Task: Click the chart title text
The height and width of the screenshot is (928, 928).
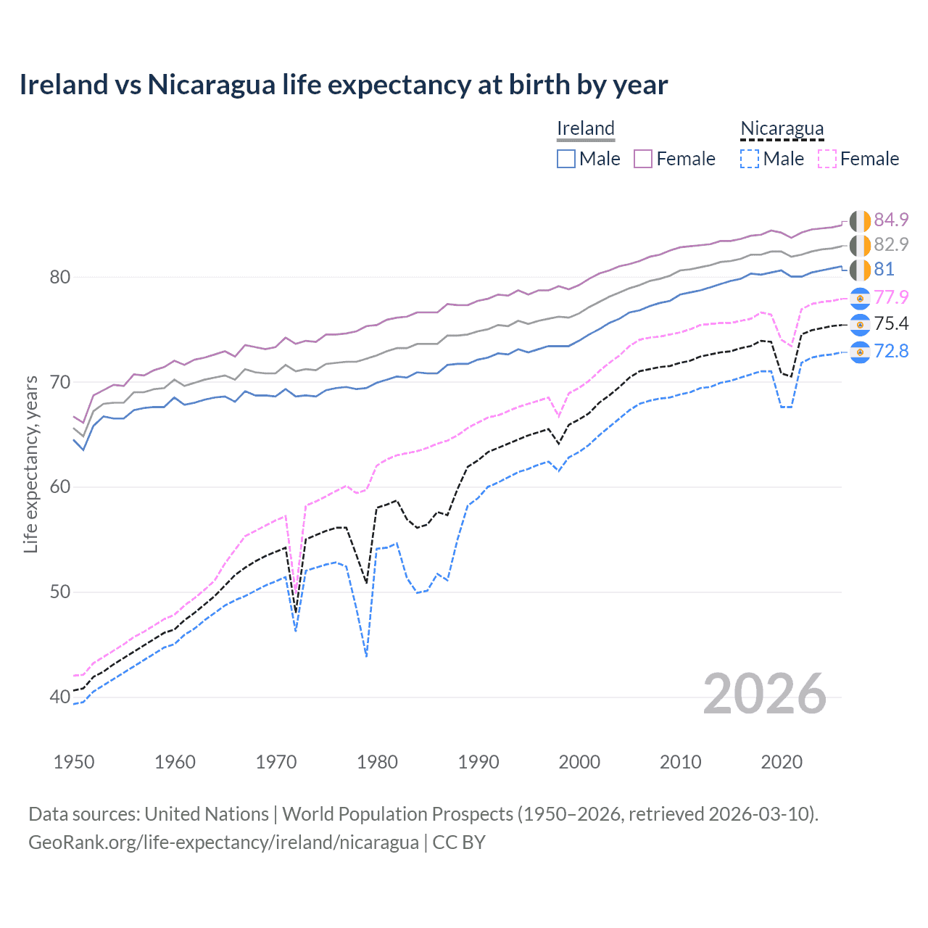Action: tap(343, 85)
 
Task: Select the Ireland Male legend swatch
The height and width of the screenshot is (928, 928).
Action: tap(566, 159)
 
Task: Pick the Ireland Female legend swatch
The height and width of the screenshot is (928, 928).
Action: tap(643, 159)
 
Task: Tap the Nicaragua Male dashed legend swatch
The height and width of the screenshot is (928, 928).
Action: tap(750, 159)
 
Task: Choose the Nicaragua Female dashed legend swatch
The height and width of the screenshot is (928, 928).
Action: tap(827, 159)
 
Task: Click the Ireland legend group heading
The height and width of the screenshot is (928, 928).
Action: tap(586, 128)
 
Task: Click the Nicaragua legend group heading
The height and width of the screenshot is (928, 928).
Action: tap(782, 128)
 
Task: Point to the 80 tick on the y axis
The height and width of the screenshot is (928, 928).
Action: tap(60, 277)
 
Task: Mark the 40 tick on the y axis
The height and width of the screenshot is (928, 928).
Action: tap(60, 697)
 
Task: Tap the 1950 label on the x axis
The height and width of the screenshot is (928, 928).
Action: tap(74, 762)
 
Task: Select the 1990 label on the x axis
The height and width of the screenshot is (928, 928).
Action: tap(478, 762)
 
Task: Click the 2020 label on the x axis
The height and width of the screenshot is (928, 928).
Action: tap(782, 762)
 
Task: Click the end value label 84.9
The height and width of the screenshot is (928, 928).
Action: tap(891, 220)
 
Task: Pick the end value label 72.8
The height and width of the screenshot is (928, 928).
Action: tap(891, 352)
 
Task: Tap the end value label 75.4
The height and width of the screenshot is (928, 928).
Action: tap(891, 323)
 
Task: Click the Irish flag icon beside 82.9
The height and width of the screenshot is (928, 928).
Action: tap(860, 245)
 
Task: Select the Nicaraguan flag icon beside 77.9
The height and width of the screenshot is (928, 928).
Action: tap(860, 298)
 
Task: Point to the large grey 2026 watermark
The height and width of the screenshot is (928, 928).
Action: tap(765, 694)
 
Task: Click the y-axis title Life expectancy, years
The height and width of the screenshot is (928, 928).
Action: tap(31, 464)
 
